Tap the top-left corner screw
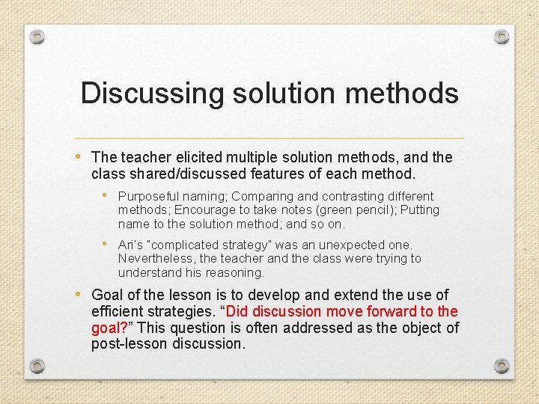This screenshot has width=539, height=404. click(x=37, y=37)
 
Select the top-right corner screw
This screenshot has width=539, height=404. click(x=502, y=37)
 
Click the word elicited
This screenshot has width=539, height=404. click(x=195, y=157)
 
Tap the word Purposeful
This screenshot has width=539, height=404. click(x=147, y=196)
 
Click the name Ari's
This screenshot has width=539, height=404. click(x=130, y=245)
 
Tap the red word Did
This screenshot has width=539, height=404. click(x=239, y=311)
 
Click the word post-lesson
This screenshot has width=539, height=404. click(x=128, y=344)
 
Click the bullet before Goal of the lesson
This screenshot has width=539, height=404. click(x=80, y=295)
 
